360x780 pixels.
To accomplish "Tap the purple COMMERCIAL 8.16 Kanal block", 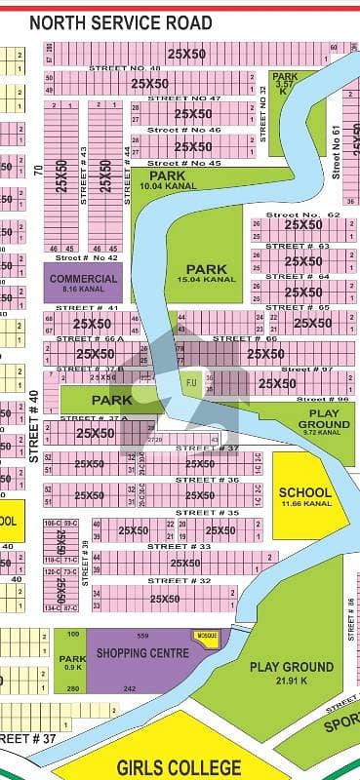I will tap(83, 283).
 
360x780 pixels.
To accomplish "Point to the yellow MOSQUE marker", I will tap(207, 636).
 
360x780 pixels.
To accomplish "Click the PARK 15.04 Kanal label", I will tap(206, 273).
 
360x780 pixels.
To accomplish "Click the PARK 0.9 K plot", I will tap(72, 662).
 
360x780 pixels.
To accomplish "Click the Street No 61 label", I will tap(335, 151).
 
